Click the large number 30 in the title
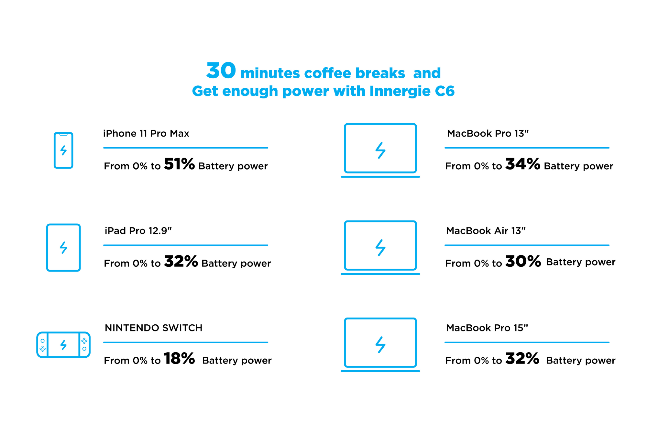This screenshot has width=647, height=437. tap(221, 70)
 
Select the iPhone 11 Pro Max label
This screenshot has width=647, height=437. tap(146, 133)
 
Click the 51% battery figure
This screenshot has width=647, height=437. tap(179, 164)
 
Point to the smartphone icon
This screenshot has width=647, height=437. tap(63, 150)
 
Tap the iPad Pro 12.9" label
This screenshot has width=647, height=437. tap(138, 230)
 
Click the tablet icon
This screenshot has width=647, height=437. tap(63, 248)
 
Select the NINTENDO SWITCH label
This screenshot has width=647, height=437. tap(153, 328)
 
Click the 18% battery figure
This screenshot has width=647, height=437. tap(179, 358)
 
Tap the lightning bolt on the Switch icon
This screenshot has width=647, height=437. tap(63, 345)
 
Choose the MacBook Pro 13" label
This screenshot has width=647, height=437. tap(488, 133)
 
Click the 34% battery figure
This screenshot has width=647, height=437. tap(523, 164)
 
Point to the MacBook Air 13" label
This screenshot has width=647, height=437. tap(486, 230)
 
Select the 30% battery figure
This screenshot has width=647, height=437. tap(523, 261)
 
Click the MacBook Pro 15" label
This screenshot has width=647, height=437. tap(487, 328)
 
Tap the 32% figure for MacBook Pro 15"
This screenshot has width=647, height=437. tap(522, 358)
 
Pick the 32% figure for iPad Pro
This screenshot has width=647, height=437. tap(181, 261)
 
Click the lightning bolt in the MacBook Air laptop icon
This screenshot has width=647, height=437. tap(380, 248)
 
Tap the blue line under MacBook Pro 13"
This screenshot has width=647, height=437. tap(527, 148)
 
